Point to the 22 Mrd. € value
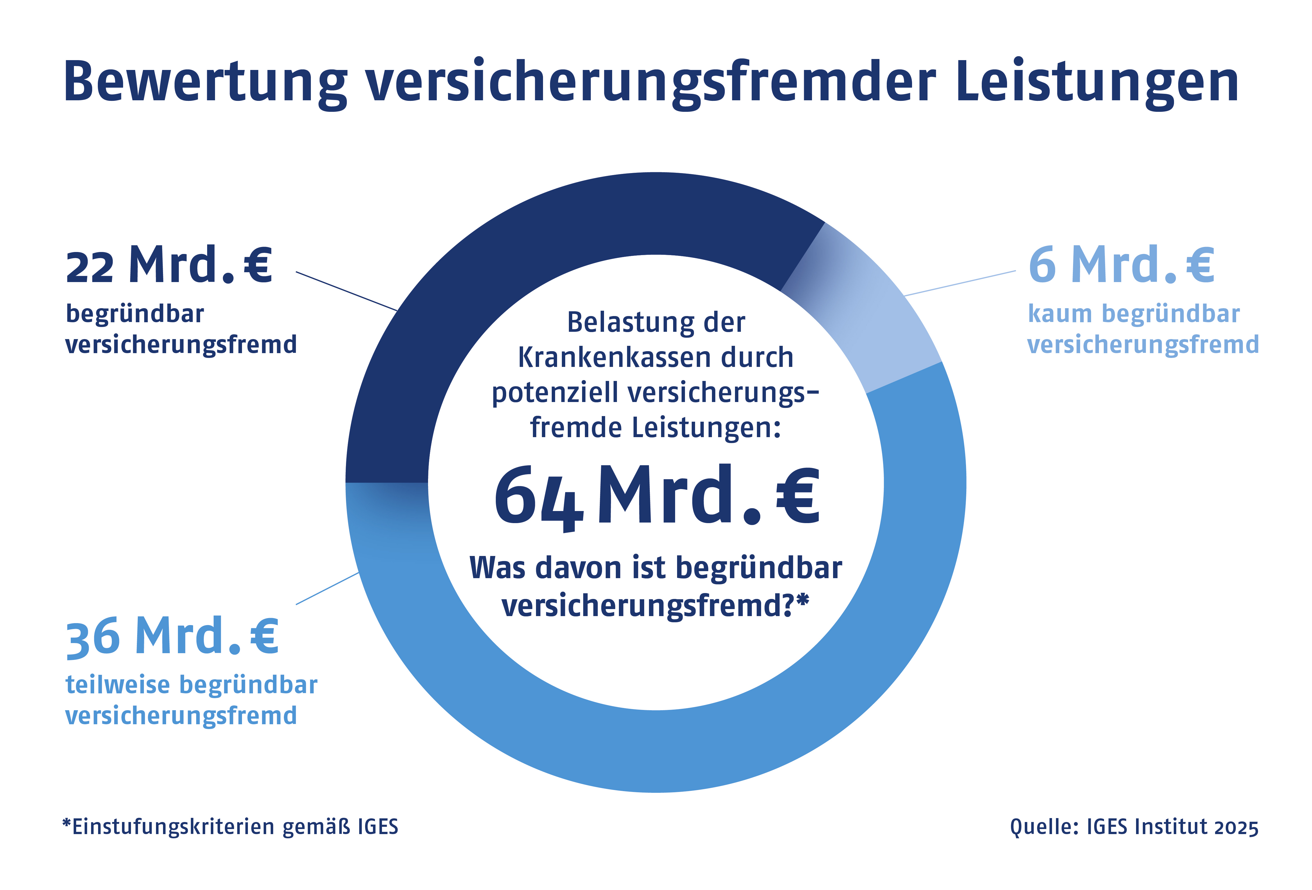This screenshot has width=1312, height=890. pos(169,265)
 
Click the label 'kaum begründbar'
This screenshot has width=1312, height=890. pos(1134,314)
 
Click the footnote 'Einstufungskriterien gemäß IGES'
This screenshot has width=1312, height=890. pos(230,827)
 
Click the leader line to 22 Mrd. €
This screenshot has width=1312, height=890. pos(347,291)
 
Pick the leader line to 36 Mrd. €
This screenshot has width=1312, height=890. pos(327,588)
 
